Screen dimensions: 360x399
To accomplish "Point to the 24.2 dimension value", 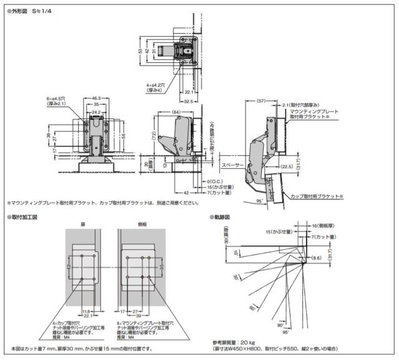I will point(95,111).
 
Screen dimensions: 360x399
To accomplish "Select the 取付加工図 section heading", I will point(24,217).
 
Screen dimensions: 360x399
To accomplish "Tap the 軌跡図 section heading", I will point(223,217).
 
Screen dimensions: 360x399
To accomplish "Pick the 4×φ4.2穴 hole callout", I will point(152,85).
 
